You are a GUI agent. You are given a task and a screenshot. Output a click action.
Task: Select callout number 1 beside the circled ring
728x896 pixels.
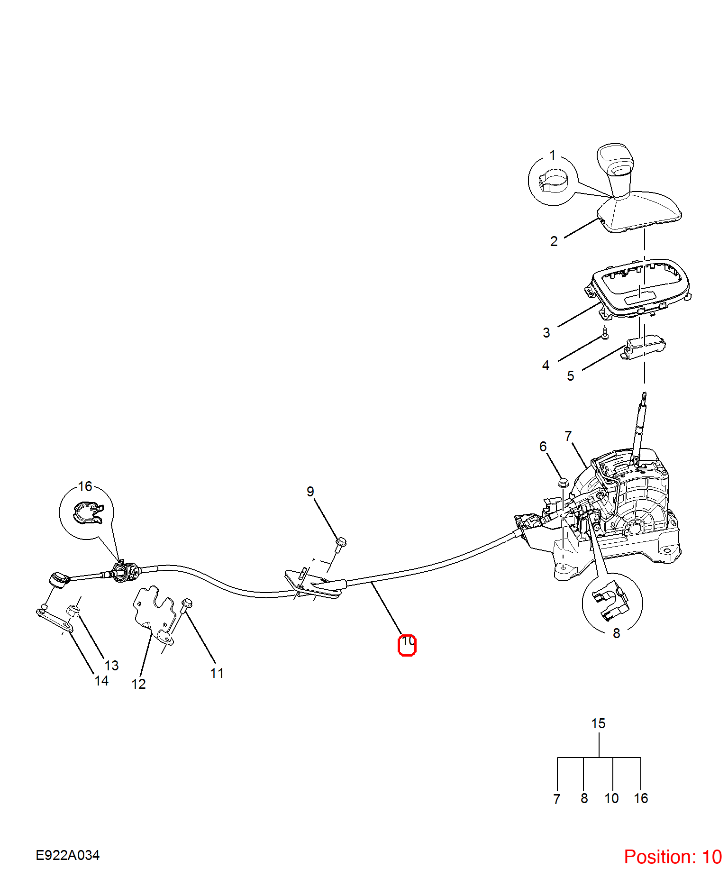point(553,155)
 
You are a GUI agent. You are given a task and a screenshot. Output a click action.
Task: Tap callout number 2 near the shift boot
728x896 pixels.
point(554,241)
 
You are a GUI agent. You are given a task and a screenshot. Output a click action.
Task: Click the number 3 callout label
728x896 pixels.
point(546,333)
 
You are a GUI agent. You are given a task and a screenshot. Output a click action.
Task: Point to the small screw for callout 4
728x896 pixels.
point(605,333)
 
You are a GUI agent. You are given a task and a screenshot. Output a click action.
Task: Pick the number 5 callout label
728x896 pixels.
point(571,376)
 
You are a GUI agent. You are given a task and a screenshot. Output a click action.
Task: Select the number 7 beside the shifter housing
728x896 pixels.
point(568,436)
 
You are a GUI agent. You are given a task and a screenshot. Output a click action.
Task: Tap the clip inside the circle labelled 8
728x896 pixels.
point(611,601)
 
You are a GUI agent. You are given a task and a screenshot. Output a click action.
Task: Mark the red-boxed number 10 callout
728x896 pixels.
point(407,645)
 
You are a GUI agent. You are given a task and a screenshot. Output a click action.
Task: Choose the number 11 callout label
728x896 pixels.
point(217,673)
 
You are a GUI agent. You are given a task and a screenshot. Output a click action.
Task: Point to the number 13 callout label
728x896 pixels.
point(112,666)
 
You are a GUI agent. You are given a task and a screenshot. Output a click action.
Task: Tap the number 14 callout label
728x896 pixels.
point(101,681)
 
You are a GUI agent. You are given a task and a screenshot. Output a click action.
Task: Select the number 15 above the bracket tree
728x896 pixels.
point(598,723)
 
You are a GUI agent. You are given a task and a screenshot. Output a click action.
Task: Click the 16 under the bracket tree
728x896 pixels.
point(641,798)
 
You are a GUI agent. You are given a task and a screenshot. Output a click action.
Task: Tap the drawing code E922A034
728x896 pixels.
point(68,855)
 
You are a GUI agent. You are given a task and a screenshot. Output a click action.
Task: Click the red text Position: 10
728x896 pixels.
point(673,857)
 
